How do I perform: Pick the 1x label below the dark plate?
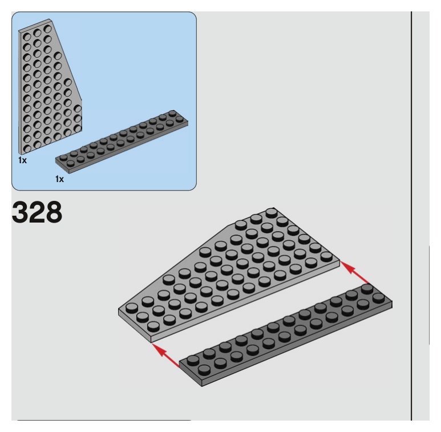(x=59, y=179)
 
